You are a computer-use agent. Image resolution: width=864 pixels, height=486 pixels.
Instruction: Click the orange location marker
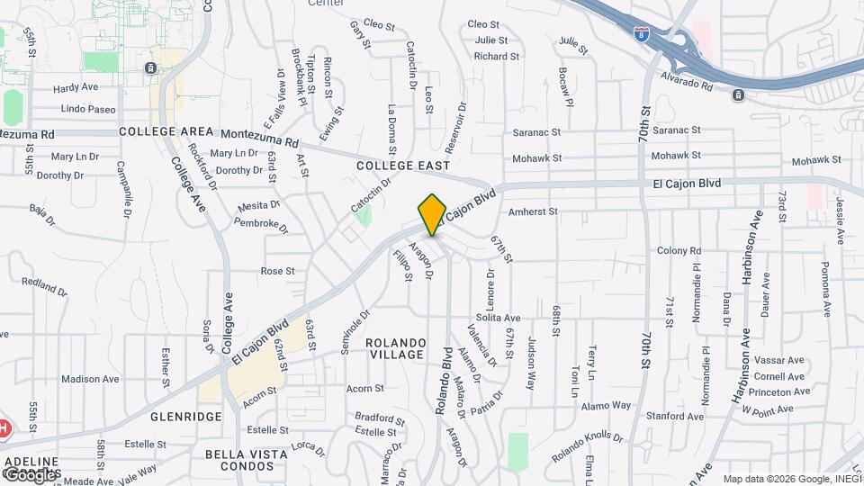433,214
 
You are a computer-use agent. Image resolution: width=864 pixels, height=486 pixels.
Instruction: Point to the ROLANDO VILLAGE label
394,348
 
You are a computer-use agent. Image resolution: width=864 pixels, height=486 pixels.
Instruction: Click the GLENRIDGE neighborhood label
186,417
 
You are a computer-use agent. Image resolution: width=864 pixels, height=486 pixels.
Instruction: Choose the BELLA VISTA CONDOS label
238,460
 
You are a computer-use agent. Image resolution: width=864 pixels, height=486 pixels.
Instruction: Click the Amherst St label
535,212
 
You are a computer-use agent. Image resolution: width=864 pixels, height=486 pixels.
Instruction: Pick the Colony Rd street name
679,250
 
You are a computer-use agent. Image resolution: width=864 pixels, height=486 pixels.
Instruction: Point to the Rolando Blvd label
442,382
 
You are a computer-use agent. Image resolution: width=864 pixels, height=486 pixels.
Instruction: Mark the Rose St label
277,271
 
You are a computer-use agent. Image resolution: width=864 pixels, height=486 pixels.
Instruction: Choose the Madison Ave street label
90,379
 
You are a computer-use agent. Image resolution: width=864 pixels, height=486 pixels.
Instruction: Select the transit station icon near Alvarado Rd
738,94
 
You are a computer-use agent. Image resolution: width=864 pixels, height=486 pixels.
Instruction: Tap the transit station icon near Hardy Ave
150,67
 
